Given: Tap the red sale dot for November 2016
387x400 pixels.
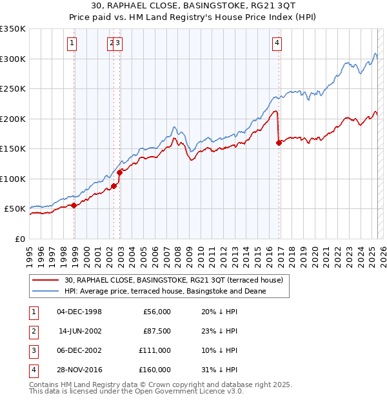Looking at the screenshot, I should [x=279, y=143].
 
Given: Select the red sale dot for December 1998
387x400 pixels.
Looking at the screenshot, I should [x=74, y=205].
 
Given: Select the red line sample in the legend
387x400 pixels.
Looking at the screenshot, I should [x=45, y=280].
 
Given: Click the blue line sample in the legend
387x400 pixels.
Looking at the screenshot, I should [x=45, y=291].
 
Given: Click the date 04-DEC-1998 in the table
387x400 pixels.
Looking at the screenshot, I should [x=79, y=312].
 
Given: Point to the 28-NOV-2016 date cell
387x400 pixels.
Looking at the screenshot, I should [x=79, y=370].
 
